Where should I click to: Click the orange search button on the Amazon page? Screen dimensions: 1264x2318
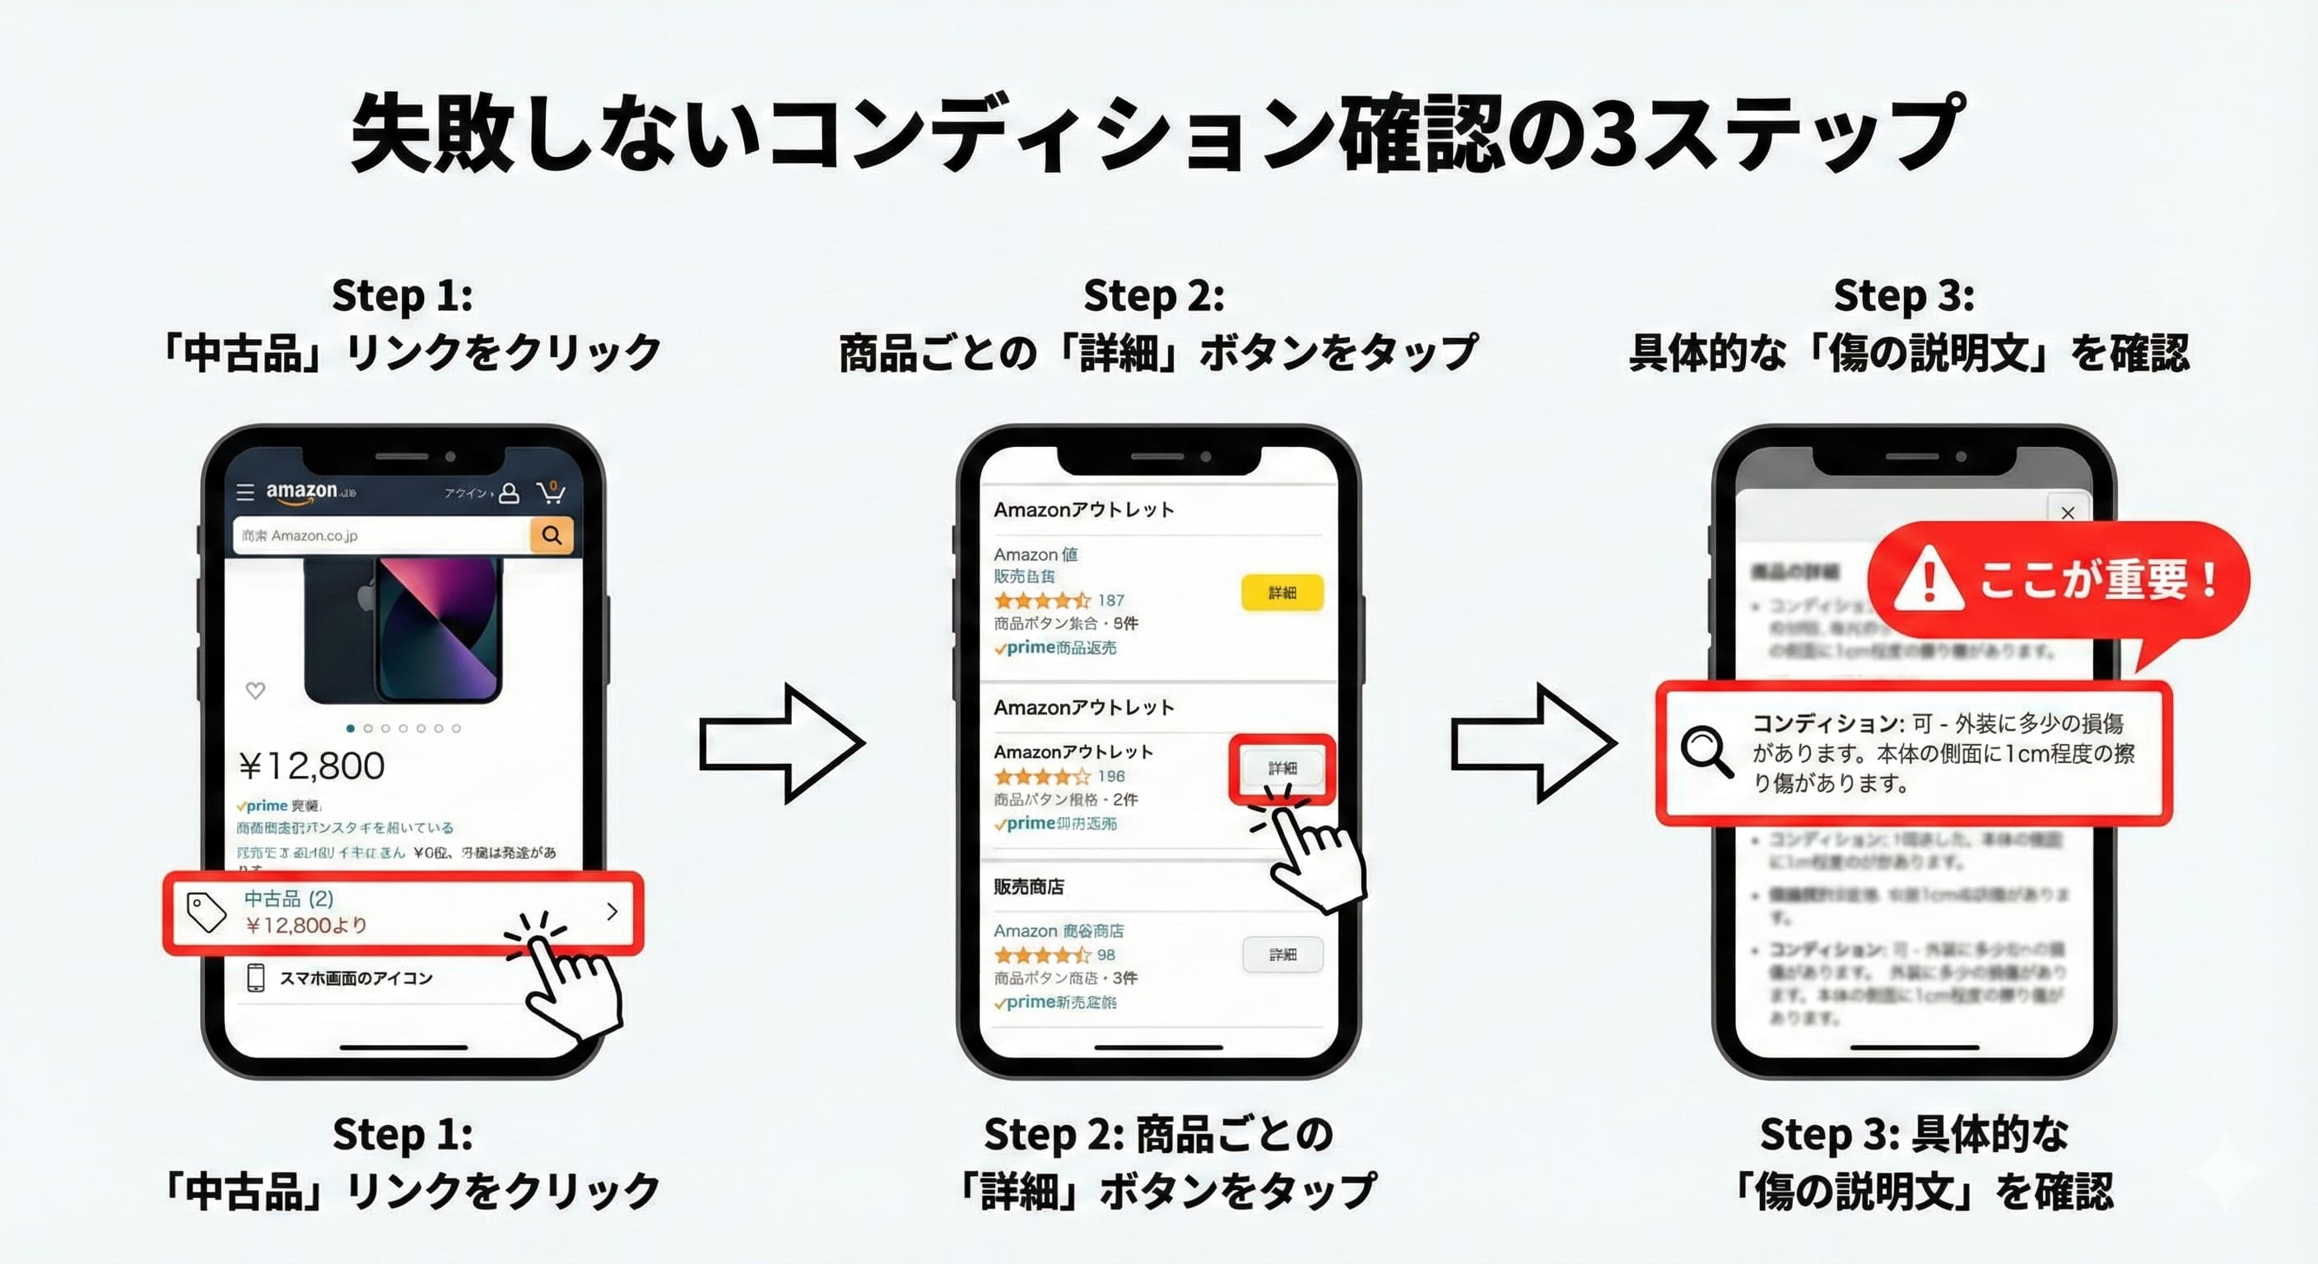click(x=552, y=535)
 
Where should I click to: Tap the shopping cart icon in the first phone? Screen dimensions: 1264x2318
click(x=551, y=492)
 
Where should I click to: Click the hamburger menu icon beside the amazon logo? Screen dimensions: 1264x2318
click(x=244, y=492)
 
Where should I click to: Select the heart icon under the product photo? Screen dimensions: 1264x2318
click(x=255, y=690)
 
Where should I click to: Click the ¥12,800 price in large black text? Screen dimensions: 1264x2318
click(x=311, y=766)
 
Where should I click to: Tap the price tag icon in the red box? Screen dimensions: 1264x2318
click(x=206, y=913)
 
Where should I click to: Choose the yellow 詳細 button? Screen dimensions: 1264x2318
click(x=1282, y=592)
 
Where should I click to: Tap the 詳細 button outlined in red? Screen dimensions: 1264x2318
click(x=1282, y=769)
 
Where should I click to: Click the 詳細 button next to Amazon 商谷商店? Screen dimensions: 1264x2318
click(x=1282, y=955)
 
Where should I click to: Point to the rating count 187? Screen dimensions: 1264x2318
click(x=1110, y=600)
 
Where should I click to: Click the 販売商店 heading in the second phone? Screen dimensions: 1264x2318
click(x=1028, y=887)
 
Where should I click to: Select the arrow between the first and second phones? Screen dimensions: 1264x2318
click(x=781, y=743)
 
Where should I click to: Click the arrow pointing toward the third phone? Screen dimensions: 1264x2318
click(x=1533, y=743)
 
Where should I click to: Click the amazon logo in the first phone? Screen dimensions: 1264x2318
click(x=301, y=491)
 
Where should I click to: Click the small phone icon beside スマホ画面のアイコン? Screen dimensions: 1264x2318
click(x=255, y=978)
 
